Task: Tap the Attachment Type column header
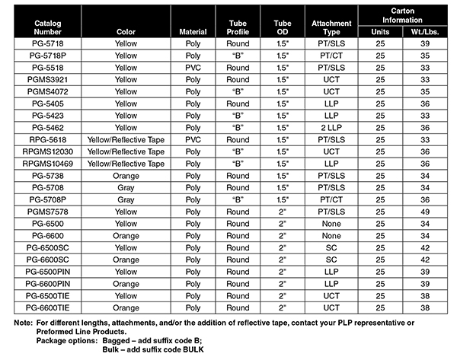(331, 28)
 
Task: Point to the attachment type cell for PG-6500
(331, 225)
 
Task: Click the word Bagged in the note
(136, 340)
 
